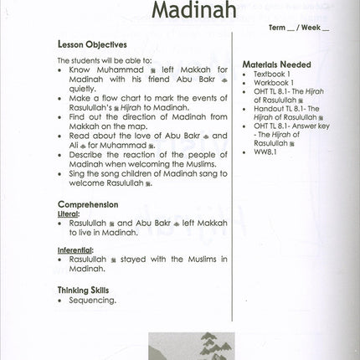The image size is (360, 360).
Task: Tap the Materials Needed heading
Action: click(x=276, y=64)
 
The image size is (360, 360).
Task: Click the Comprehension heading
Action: click(x=88, y=204)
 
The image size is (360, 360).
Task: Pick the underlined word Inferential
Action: click(x=75, y=249)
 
